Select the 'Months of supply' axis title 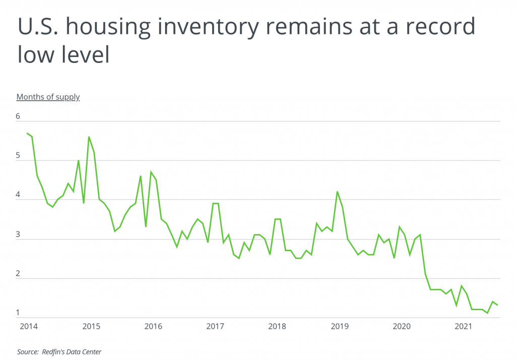point(48,97)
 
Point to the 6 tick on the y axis point(18,116)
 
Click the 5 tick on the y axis point(18,156)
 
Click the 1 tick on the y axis point(18,313)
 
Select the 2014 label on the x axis point(28,326)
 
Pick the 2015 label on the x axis point(91,326)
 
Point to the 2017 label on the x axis point(215,326)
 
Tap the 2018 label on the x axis point(277,326)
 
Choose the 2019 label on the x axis point(340,326)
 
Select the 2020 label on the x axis point(402,326)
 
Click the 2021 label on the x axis point(464,326)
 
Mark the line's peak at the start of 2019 point(337,192)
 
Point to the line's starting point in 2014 point(27,133)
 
